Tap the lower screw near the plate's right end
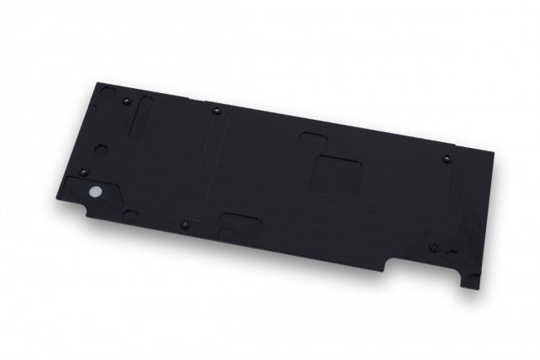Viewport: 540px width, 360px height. [434, 247]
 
